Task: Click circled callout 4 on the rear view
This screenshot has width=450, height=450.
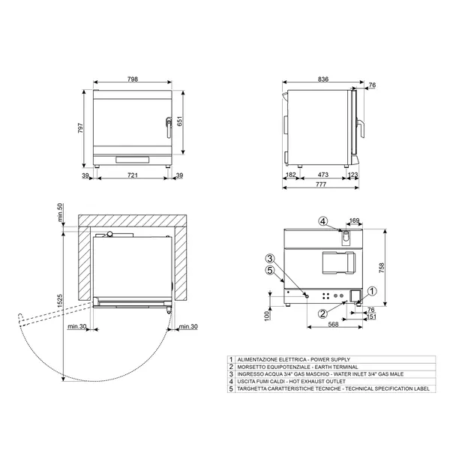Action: pyautogui.click(x=322, y=221)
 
